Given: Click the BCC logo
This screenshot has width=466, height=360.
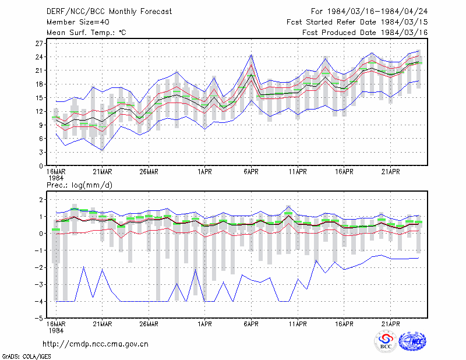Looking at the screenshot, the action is [386, 341].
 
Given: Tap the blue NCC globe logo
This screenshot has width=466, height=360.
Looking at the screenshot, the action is [412, 341].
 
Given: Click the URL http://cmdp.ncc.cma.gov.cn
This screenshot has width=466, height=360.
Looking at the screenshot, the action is [96, 344].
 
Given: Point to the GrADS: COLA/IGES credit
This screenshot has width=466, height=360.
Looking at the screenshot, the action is [26, 357].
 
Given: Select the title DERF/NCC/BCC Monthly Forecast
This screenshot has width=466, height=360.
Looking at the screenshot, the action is [109, 12].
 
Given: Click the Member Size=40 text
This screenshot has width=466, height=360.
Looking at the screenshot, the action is [78, 22].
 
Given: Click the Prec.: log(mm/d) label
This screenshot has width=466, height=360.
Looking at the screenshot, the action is [79, 185].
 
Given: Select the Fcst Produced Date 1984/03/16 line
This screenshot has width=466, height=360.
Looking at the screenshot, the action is [365, 33].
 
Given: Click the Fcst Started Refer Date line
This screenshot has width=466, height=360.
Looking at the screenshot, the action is [357, 22].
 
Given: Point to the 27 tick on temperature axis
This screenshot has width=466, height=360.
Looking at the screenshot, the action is [40, 44].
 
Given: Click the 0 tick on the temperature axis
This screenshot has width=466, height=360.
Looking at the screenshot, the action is [41, 166].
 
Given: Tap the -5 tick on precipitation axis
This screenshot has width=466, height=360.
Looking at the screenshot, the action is [39, 319].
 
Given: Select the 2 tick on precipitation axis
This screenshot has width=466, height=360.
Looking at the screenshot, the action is [41, 199].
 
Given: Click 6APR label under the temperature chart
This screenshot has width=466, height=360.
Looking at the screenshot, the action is [251, 172].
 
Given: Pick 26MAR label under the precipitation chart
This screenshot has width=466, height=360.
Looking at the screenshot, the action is [149, 324].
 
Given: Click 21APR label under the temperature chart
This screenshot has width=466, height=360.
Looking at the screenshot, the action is [390, 172].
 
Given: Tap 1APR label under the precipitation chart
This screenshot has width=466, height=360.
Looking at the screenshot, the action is [205, 324].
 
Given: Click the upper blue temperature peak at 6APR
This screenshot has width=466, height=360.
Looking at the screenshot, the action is [251, 55].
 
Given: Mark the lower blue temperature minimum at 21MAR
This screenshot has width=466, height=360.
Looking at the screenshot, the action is [103, 150].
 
